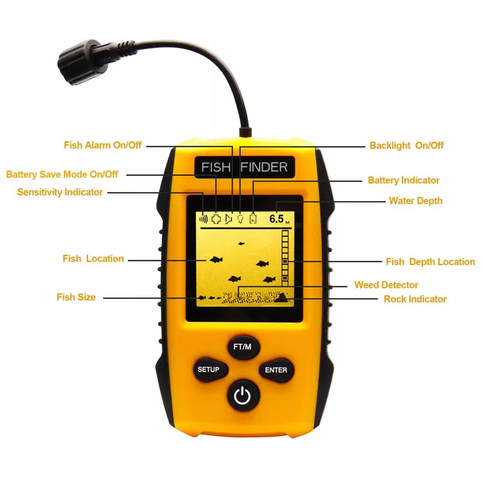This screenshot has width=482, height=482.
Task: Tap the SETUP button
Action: click(x=208, y=369)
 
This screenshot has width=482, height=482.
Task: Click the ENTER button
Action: click(x=276, y=370)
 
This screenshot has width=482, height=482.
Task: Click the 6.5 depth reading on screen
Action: click(x=277, y=219)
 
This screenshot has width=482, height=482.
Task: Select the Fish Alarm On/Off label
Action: click(x=103, y=145)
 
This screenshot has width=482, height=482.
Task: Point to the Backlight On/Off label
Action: click(x=406, y=145)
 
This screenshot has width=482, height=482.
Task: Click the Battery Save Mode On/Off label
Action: click(x=62, y=174)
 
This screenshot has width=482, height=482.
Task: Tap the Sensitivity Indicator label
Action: click(x=60, y=192)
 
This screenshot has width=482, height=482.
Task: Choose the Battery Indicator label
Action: click(x=404, y=180)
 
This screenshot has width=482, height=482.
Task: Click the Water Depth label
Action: click(x=415, y=201)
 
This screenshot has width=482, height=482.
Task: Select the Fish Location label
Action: click(x=93, y=258)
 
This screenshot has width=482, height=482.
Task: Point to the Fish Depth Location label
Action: click(x=430, y=261)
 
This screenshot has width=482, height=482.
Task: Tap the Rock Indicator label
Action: click(x=415, y=299)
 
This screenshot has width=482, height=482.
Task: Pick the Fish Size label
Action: click(x=76, y=297)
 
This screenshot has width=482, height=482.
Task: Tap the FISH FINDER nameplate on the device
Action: click(x=244, y=167)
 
